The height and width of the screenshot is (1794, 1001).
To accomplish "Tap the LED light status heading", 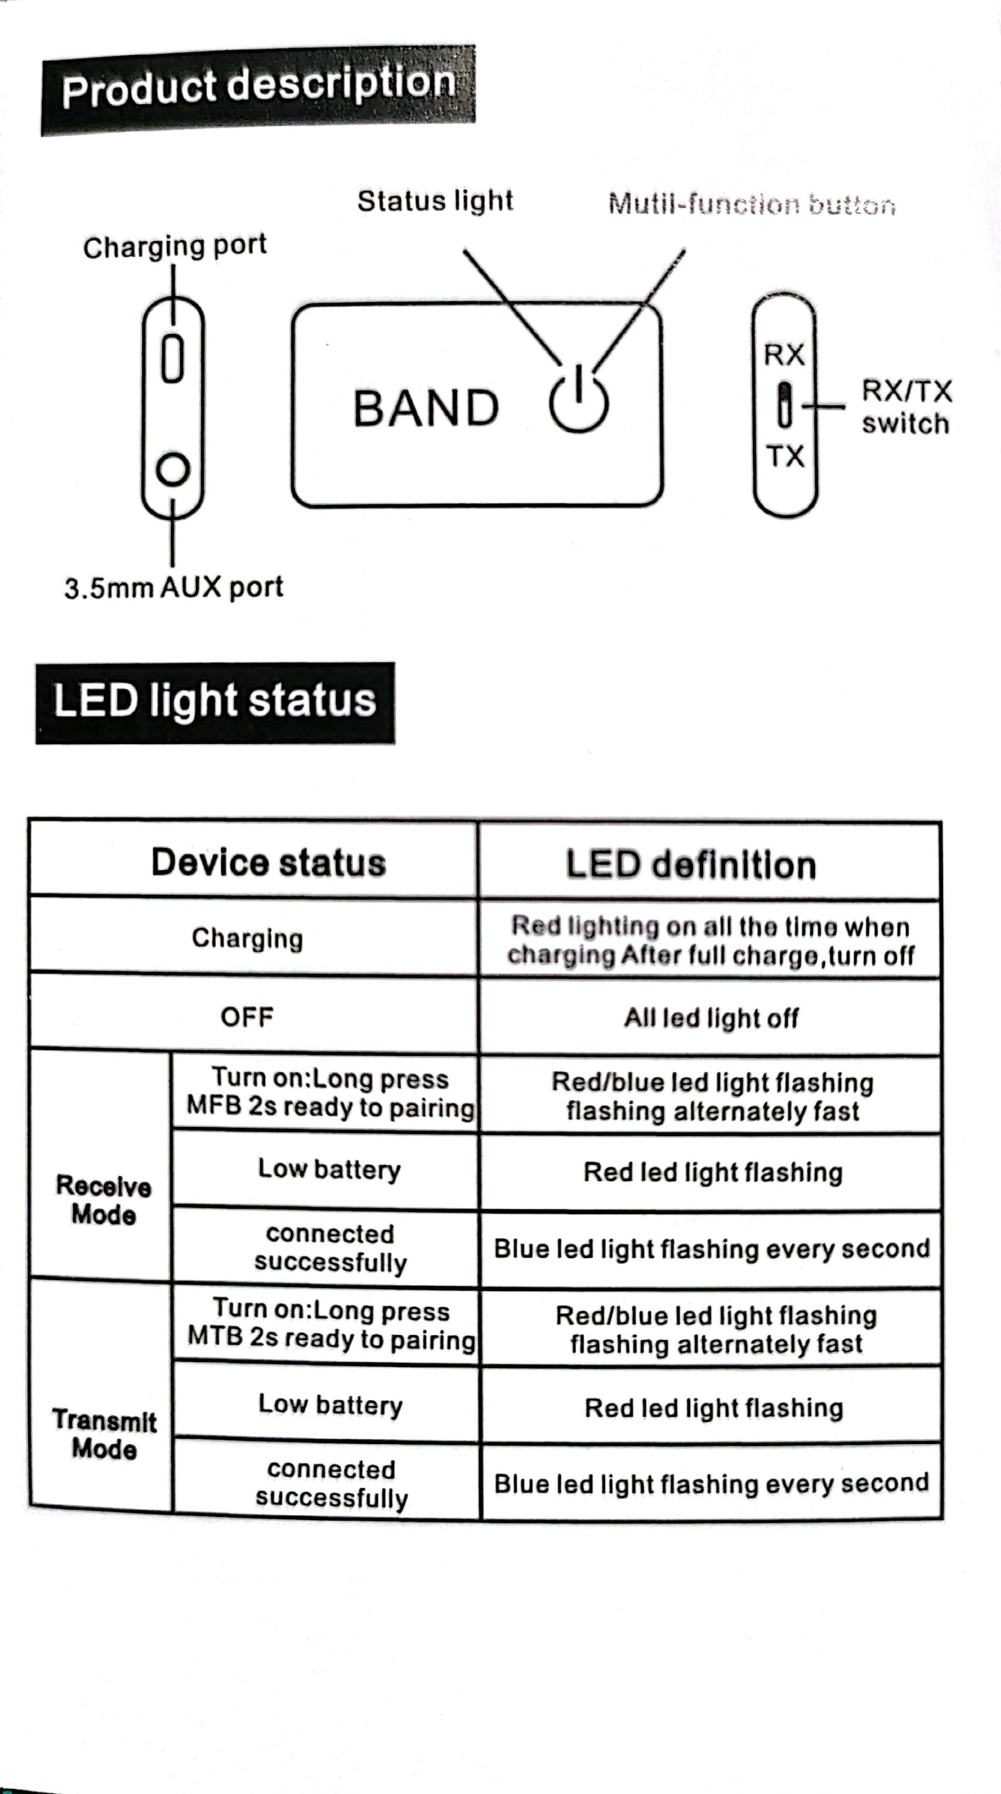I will pyautogui.click(x=215, y=701).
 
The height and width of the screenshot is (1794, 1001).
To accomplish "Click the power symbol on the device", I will pyautogui.click(x=579, y=400).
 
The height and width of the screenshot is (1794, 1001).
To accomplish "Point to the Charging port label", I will pyautogui.click(x=175, y=246).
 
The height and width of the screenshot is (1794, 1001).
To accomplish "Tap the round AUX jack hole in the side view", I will pyautogui.click(x=173, y=469).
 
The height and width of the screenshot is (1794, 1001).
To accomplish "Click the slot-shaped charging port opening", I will pyautogui.click(x=173, y=359).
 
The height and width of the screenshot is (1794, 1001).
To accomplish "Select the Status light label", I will pyautogui.click(x=435, y=201).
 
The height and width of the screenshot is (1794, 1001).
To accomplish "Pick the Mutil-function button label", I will pyautogui.click(x=751, y=204).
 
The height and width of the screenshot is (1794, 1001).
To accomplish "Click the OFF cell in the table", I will pyautogui.click(x=247, y=1017).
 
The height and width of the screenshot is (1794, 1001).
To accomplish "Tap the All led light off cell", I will pyautogui.click(x=711, y=1018).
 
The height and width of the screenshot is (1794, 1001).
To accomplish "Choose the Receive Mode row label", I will pyautogui.click(x=104, y=1200).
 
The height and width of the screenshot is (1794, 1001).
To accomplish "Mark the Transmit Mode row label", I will pyautogui.click(x=104, y=1434).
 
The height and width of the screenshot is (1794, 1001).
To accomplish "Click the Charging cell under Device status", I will pyautogui.click(x=247, y=938).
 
